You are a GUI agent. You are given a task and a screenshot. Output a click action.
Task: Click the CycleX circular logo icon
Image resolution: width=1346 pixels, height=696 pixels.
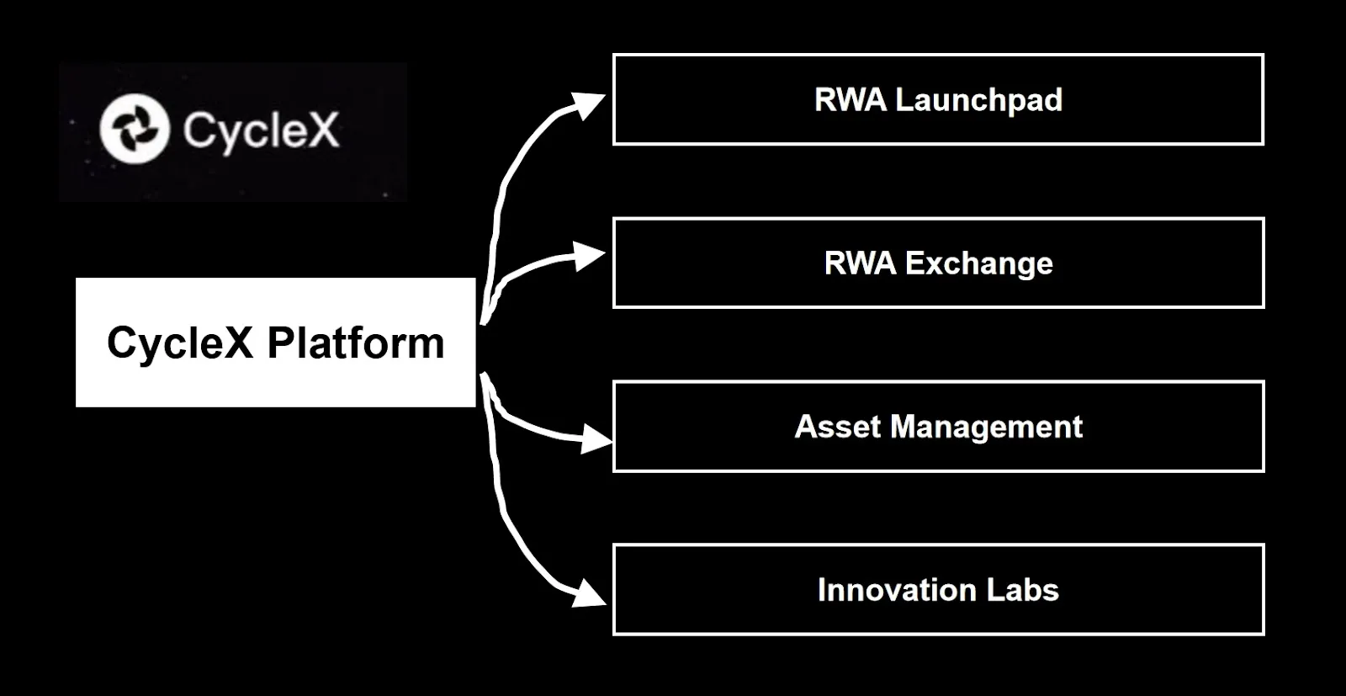tap(135, 129)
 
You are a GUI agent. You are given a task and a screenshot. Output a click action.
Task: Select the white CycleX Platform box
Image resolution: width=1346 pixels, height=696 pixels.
tap(276, 342)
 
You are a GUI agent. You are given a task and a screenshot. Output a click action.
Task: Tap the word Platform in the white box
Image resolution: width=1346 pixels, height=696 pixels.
tap(356, 343)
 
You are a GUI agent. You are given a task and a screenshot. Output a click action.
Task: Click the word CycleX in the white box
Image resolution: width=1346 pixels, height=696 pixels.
tap(180, 344)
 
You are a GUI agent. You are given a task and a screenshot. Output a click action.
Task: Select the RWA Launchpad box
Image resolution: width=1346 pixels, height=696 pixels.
tap(938, 99)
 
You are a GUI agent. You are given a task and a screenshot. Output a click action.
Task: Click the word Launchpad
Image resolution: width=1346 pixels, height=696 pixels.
tap(979, 100)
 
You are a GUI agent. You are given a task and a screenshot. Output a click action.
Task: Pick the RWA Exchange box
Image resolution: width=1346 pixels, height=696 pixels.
tap(938, 263)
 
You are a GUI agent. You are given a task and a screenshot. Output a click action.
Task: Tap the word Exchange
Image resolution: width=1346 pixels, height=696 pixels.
tap(979, 264)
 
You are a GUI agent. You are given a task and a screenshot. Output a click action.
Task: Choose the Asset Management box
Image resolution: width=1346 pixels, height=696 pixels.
tap(938, 426)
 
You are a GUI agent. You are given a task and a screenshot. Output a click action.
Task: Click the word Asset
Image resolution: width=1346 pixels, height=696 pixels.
tap(838, 427)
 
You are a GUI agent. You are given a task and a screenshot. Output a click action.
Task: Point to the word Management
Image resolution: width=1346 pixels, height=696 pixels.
tap(986, 428)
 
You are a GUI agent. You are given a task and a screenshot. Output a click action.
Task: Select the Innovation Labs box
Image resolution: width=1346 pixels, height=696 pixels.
tap(938, 590)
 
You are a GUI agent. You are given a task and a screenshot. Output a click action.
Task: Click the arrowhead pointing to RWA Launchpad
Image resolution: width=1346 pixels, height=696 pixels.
tap(588, 105)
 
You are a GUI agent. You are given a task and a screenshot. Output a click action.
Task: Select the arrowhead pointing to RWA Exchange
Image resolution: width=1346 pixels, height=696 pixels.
tap(588, 257)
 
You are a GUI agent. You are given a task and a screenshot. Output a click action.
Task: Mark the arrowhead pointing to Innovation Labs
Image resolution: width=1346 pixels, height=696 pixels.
tap(589, 594)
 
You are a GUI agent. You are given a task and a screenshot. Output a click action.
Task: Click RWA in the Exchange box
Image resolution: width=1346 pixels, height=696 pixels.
tap(860, 263)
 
